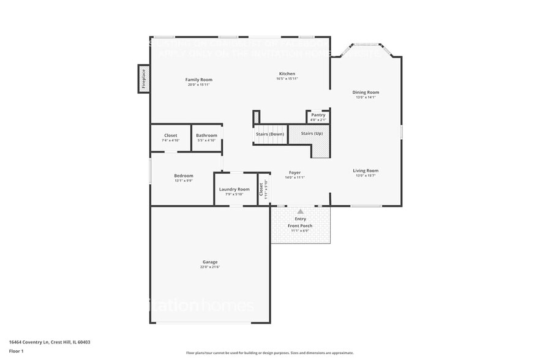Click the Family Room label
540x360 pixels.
click(199, 80)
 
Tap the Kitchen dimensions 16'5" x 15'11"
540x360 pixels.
click(287, 78)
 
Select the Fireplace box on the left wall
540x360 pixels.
click(144, 79)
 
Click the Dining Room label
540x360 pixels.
click(366, 92)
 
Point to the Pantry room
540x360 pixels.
click(318, 116)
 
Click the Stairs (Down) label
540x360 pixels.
click(270, 133)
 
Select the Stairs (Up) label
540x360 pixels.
click(312, 133)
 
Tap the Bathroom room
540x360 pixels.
click(207, 138)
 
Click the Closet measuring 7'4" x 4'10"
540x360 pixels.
click(171, 138)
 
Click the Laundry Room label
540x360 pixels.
click(234, 189)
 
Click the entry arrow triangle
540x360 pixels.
click(300, 211)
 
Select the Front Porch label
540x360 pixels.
click(300, 226)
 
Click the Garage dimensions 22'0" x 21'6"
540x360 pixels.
click(209, 267)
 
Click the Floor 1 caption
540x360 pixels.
click(16, 351)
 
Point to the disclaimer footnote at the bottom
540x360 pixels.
click(269, 353)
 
